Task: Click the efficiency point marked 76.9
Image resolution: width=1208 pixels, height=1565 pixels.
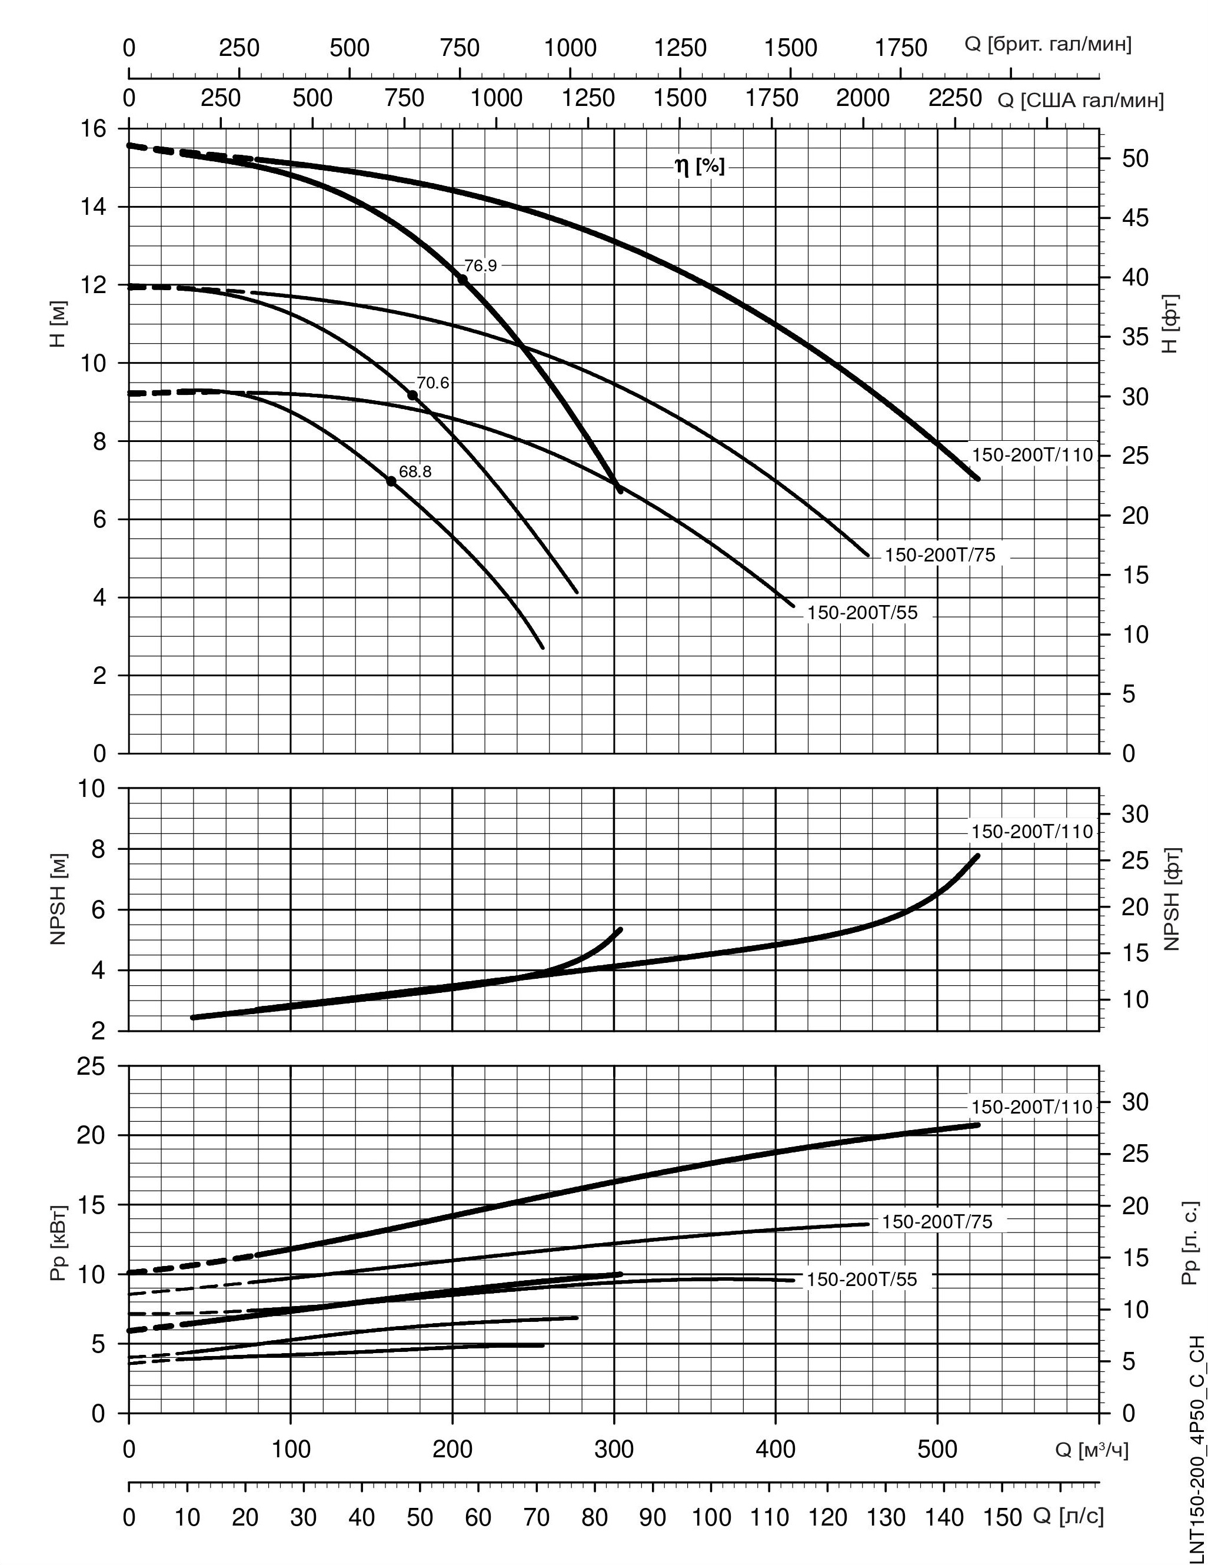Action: coord(463,280)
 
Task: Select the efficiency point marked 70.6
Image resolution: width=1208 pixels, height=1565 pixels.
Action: coord(412,396)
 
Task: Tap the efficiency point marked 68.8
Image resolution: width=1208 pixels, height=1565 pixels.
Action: coord(391,481)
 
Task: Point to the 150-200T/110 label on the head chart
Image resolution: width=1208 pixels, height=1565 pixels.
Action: coord(1031,454)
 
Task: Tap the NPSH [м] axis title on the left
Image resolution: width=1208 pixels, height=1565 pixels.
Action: coord(59,899)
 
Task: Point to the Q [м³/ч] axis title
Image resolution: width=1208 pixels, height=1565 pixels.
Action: coord(1091,1450)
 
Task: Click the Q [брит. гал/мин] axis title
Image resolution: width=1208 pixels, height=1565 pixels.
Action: coord(1048,44)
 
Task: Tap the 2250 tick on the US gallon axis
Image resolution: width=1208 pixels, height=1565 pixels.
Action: coord(955,98)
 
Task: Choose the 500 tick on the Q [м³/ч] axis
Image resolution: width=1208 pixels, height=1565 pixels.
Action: coord(937,1449)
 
